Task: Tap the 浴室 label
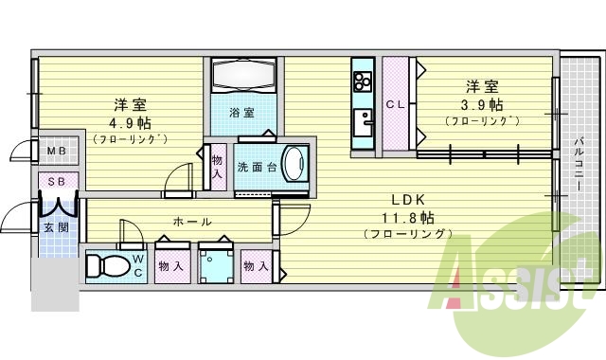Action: pyautogui.click(x=242, y=113)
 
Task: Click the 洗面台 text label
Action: pyautogui.click(x=257, y=168)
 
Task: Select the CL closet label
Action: pyautogui.click(x=395, y=106)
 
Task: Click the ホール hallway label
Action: pyautogui.click(x=192, y=223)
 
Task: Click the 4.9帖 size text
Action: pyautogui.click(x=131, y=122)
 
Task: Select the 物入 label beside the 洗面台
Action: pyautogui.click(x=218, y=167)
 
